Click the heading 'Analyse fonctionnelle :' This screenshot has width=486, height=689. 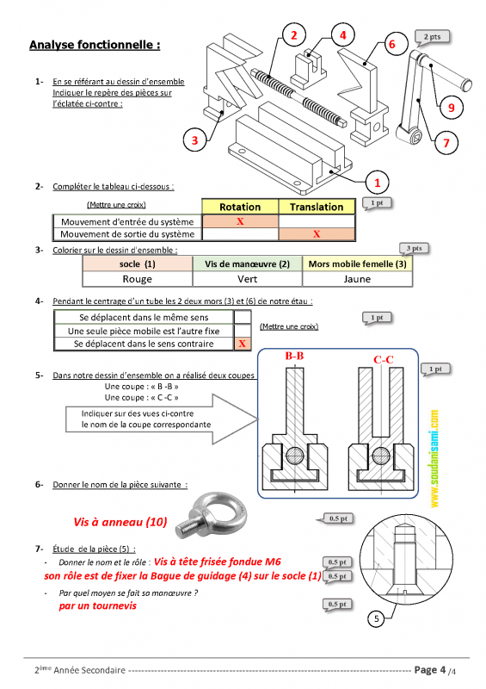(x=95, y=45)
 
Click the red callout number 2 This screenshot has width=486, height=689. (x=293, y=35)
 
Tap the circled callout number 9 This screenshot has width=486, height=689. (x=451, y=107)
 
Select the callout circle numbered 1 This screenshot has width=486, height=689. (x=377, y=183)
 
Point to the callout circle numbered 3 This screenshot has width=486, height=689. (x=194, y=140)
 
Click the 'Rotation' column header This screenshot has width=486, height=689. (x=240, y=207)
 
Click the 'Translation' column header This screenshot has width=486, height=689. (x=317, y=207)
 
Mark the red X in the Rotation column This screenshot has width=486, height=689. (x=240, y=221)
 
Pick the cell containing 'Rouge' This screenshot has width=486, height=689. (x=138, y=279)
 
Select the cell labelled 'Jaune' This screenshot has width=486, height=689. (x=357, y=279)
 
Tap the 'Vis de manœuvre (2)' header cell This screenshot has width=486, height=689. (x=248, y=264)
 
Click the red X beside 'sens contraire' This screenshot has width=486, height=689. (x=243, y=344)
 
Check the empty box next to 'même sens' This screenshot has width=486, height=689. (x=243, y=317)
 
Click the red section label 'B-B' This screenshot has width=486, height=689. (x=294, y=356)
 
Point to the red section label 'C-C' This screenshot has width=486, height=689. (x=384, y=360)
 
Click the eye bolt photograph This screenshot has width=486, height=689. (x=212, y=515)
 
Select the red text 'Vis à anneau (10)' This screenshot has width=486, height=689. (x=120, y=522)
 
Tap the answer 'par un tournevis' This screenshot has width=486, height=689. (x=97, y=606)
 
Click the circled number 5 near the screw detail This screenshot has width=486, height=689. (x=376, y=618)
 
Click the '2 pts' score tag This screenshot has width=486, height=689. (x=433, y=37)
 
